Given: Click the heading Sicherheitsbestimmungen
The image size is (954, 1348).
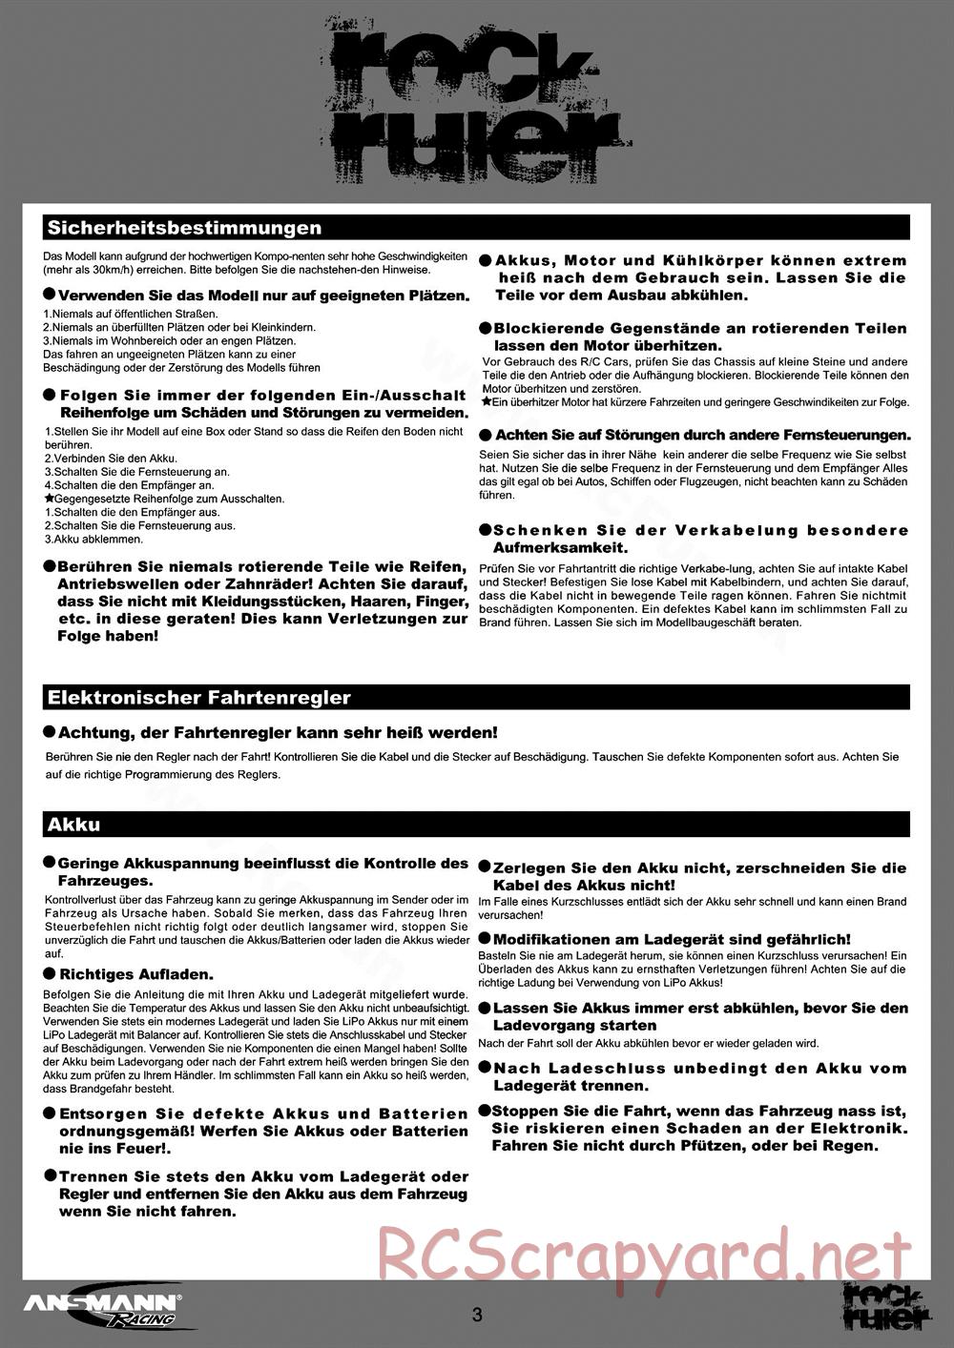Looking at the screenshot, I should (x=184, y=228).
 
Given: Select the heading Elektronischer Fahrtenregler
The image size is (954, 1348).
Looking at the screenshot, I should (x=198, y=698).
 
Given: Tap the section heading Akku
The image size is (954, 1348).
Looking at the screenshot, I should (x=73, y=825).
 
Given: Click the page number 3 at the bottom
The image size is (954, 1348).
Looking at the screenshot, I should (x=477, y=1315).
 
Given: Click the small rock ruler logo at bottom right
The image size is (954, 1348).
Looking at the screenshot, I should (x=886, y=1307).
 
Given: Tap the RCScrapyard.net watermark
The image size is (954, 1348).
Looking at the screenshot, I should (x=644, y=1254).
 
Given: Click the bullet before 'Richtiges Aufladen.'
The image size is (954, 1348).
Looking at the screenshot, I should (x=50, y=974).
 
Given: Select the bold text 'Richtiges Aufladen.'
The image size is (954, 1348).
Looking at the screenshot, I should (x=136, y=975).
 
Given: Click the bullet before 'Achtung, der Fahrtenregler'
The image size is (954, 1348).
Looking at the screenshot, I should (x=50, y=732).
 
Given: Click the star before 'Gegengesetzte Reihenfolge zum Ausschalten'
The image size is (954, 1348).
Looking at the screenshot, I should (x=49, y=499).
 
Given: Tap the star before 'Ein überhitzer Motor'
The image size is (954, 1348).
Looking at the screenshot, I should (x=485, y=402).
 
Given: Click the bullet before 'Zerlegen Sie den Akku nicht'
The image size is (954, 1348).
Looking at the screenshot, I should (x=484, y=868).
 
